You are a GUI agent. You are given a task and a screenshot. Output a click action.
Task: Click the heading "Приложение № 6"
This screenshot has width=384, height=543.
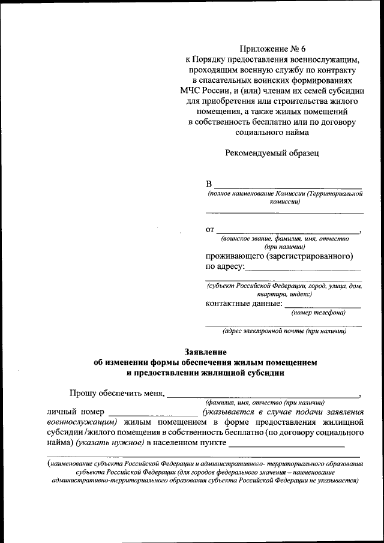[272, 49]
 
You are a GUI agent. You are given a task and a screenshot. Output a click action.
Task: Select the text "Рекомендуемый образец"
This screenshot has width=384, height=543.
[272, 152]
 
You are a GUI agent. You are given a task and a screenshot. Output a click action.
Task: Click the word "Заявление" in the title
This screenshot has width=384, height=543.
[205, 352]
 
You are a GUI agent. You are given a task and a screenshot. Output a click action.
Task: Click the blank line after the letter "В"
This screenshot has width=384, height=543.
[288, 187]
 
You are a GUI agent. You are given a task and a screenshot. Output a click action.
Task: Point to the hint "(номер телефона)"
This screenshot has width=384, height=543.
[319, 313]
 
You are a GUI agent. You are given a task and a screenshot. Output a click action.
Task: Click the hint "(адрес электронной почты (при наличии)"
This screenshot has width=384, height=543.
[284, 331]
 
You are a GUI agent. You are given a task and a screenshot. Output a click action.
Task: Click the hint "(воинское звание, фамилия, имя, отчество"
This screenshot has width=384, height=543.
[284, 238]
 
